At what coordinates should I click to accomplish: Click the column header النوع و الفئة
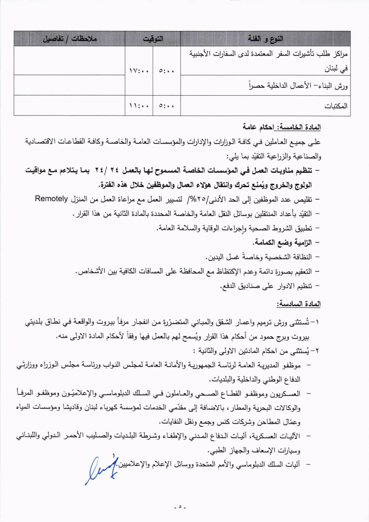click(x=265, y=39)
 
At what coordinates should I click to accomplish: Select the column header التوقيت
click(x=153, y=39)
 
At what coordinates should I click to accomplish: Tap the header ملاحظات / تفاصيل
click(x=69, y=39)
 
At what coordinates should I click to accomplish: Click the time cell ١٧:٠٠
click(x=139, y=71)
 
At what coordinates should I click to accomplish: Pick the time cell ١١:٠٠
click(x=139, y=106)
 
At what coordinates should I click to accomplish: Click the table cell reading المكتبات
click(x=335, y=106)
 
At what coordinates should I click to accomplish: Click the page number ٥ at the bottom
click(x=180, y=506)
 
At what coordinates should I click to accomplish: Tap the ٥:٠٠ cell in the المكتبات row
click(x=167, y=106)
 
